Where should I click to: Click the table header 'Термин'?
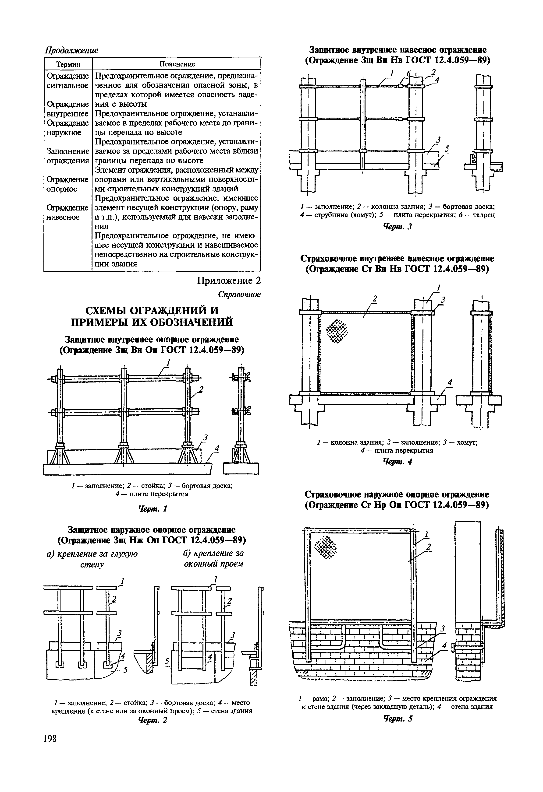pos(68,64)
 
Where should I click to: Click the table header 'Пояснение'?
pos(177,64)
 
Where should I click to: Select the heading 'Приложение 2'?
pos(229,280)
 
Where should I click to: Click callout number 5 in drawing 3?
pos(447,149)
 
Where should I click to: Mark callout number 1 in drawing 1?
pos(168,362)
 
